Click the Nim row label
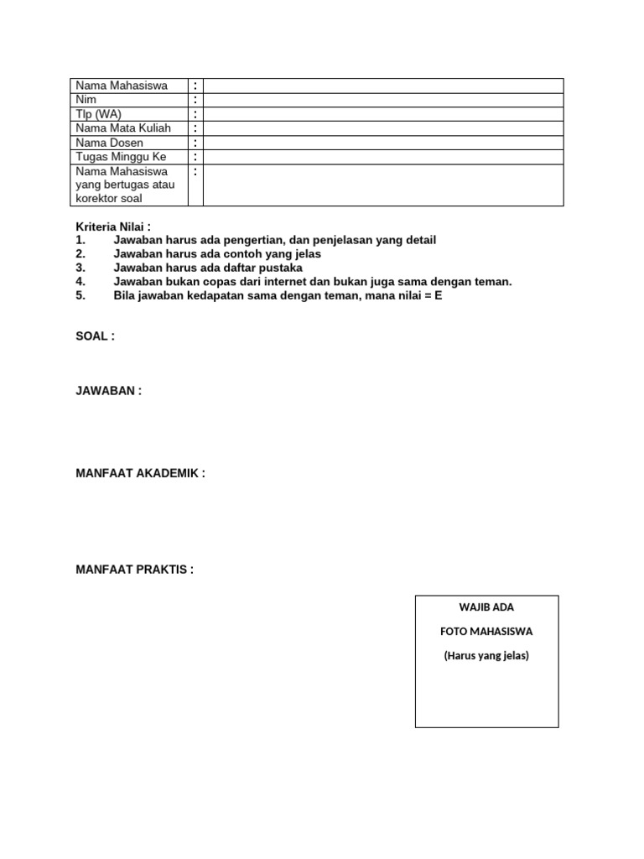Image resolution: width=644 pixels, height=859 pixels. (x=86, y=100)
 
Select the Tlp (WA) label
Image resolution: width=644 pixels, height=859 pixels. (x=97, y=114)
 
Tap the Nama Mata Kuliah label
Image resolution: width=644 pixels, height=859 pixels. (x=123, y=128)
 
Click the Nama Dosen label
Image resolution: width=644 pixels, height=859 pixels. (x=110, y=143)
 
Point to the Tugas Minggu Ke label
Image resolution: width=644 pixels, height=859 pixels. (x=122, y=157)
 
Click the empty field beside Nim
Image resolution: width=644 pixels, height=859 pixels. (x=383, y=100)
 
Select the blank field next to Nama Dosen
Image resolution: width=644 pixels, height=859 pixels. (x=383, y=143)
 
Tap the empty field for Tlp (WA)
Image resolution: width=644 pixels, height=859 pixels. (x=383, y=114)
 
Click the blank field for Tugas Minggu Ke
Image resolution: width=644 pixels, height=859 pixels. (x=383, y=157)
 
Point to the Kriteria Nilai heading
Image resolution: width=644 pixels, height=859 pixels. (x=113, y=226)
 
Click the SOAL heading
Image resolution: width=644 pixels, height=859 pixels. (x=95, y=336)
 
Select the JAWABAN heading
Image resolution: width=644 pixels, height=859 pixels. (x=109, y=391)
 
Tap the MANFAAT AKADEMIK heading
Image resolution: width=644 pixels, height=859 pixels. (x=140, y=473)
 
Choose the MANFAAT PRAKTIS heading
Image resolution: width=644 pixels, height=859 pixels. (x=134, y=570)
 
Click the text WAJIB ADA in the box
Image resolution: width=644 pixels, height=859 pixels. (x=486, y=607)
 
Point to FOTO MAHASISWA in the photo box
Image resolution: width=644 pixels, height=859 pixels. (x=486, y=631)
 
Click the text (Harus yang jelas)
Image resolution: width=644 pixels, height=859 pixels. (x=486, y=656)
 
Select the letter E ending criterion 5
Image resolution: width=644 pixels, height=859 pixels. (x=438, y=296)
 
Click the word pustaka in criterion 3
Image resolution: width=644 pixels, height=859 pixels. (x=283, y=268)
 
